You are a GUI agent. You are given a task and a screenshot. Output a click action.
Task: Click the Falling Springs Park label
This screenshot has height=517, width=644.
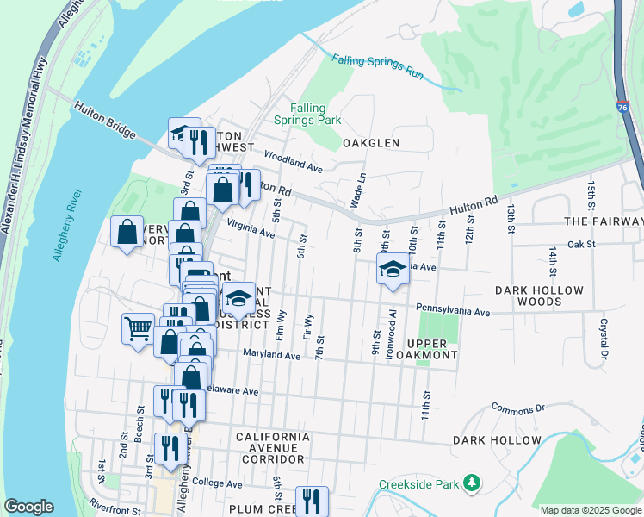point(307,114)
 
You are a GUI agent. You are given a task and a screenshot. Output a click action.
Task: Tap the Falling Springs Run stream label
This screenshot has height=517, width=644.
point(378,63)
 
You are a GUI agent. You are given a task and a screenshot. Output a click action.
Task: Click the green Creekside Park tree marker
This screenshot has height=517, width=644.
point(471,484)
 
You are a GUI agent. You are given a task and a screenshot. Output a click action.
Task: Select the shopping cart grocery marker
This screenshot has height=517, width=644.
point(138,328)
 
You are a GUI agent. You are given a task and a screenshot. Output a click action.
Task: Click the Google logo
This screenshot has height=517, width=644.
point(28,507)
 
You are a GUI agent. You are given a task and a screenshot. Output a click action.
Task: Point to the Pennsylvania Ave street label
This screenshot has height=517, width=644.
point(453,309)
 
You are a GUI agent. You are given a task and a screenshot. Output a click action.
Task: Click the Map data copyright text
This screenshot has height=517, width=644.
point(591,510)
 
